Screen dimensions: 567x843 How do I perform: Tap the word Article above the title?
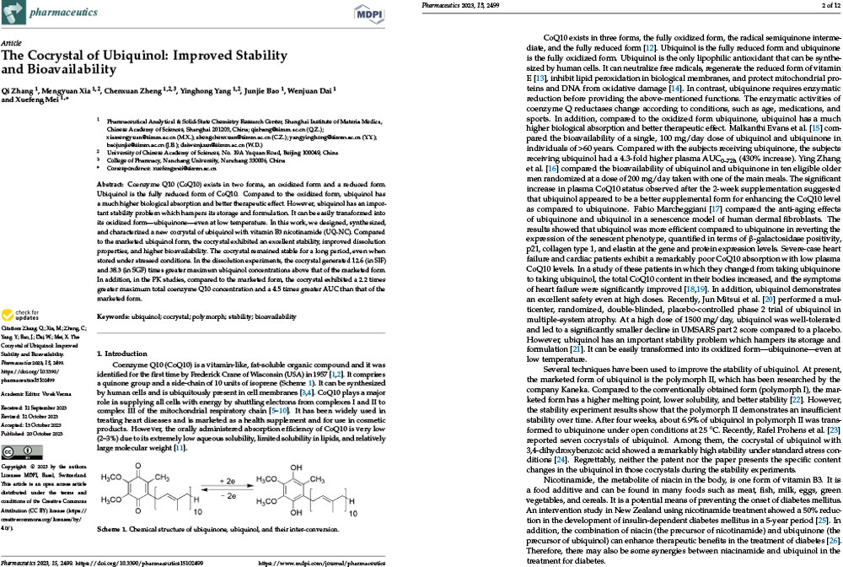pyautogui.click(x=12, y=40)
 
